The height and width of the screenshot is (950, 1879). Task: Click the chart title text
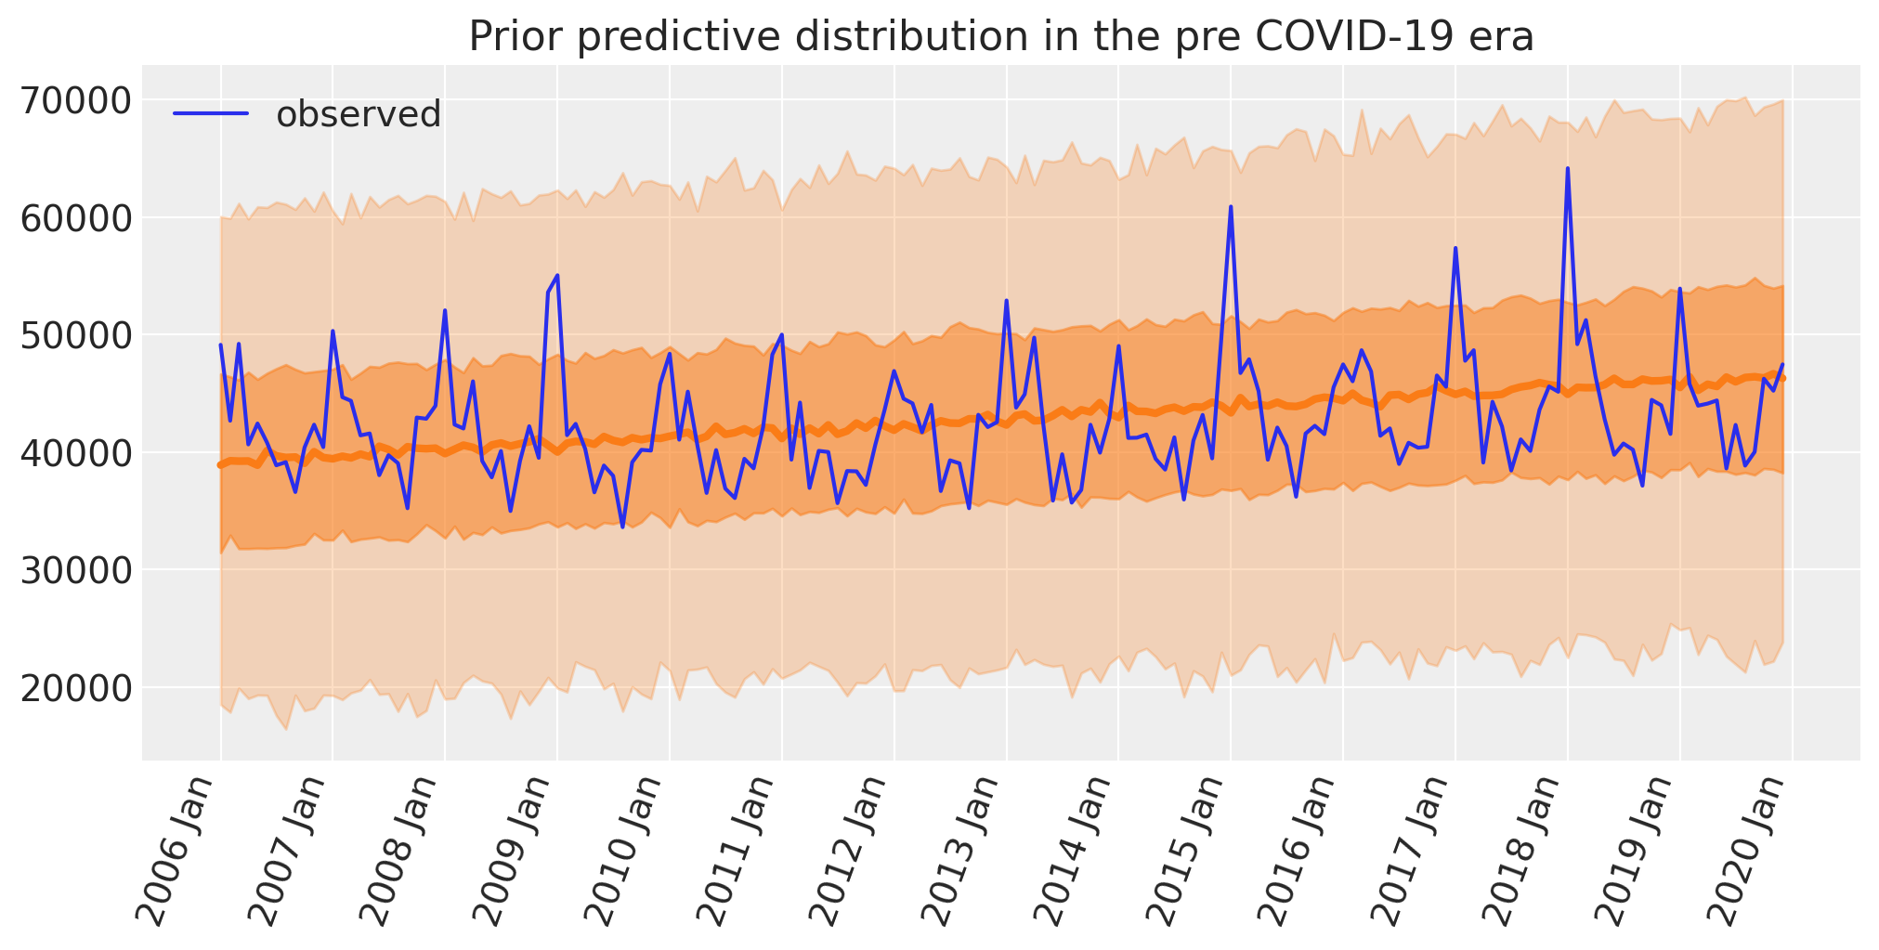1000,37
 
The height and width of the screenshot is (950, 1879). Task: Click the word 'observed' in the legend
359,114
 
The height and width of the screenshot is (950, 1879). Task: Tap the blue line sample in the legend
211,114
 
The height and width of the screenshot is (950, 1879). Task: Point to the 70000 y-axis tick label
78,100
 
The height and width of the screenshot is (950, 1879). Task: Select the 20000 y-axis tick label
78,687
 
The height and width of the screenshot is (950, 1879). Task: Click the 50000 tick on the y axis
78,335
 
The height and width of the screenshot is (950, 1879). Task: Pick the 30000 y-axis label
78,570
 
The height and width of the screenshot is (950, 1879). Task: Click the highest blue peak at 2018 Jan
1568,169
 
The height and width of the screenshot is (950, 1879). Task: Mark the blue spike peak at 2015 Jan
1231,207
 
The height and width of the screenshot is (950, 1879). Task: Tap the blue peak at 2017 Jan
1455,248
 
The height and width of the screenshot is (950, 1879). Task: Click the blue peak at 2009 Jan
556,276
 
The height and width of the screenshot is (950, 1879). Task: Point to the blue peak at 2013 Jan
1006,301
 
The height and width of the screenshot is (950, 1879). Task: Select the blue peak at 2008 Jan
445,311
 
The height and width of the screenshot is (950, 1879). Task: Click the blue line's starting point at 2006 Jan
220,345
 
